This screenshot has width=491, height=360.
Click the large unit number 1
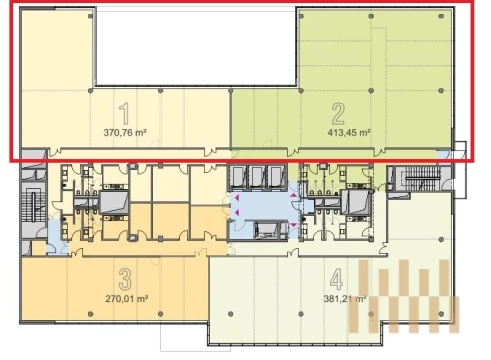pos(124,114)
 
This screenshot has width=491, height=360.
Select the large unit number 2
pos(338,114)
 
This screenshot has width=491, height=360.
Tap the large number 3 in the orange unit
pos(125,279)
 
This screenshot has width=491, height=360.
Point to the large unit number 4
pos(336,279)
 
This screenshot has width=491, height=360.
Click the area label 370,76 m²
pos(125,133)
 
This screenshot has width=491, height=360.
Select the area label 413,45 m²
pos(349,133)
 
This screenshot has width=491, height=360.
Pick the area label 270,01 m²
pos(127,298)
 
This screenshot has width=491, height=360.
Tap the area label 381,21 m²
pos(345,298)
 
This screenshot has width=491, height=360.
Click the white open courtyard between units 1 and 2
pos(196,47)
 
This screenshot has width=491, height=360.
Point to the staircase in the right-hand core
pos(421,178)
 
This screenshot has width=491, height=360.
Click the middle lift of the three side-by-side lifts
pos(257,177)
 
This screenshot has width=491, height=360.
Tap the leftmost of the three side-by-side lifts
pos(238,177)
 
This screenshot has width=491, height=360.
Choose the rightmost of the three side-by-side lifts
pos(276,177)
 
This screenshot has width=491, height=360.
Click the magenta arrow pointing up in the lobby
pos(293,195)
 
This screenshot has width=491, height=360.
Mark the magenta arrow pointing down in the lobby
pos(293,225)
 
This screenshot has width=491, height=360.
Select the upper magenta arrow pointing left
pos(237,198)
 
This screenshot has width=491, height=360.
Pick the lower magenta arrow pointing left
pos(237,212)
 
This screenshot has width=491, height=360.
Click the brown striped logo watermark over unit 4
pos(404,296)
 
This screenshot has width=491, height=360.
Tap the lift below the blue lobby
pos(266,231)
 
